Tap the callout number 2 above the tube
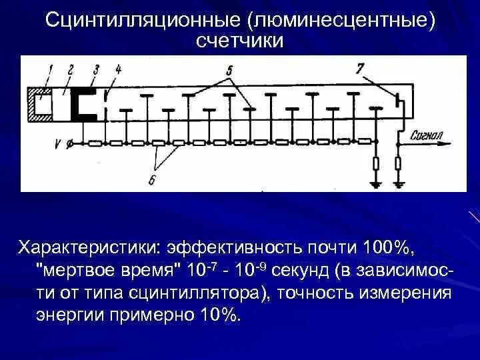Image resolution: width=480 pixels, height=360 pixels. coord(71,68)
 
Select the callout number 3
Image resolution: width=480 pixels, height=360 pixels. coord(97,68)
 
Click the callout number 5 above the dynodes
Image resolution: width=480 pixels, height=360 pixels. coord(229,69)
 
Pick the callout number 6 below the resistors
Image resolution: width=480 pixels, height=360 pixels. coord(153,179)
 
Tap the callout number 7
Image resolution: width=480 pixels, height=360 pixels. coord(361,68)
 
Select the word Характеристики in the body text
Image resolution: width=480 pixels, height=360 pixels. coord(87,248)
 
